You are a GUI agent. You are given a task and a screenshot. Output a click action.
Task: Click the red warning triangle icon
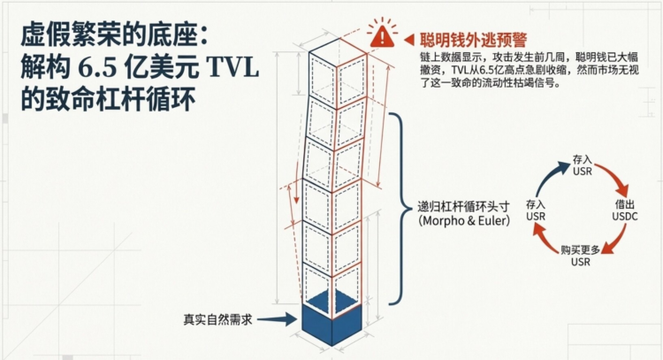(x=381, y=35)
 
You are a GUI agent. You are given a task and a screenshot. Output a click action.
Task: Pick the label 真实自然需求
(x=217, y=319)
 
